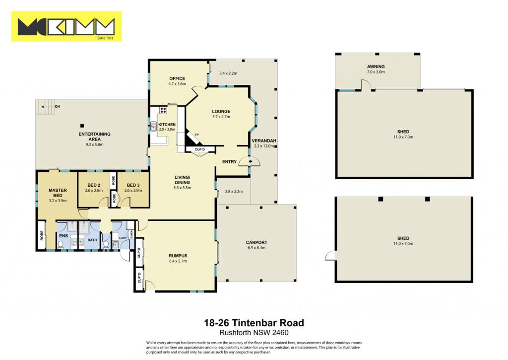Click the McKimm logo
pos(66,27)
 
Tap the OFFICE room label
pos(177,78)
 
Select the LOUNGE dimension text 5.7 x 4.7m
pos(221,117)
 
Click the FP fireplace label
pos(196,135)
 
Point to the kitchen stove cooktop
pos(163,110)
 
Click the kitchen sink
pos(154,127)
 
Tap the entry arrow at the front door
pos(250,161)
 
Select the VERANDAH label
pos(264,141)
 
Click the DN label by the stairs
pos(58,106)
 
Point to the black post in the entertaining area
pos(82,126)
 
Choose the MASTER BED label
pos(58,193)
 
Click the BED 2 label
pos(94,185)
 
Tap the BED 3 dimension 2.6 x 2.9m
pos(133,190)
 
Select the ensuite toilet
pos(61,244)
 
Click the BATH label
pos(92,240)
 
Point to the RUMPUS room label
pos(178,256)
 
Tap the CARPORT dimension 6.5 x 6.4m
pos(256,248)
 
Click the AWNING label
pos(376,67)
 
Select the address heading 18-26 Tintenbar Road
pos(254,323)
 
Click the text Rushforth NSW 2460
pos(254,333)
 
